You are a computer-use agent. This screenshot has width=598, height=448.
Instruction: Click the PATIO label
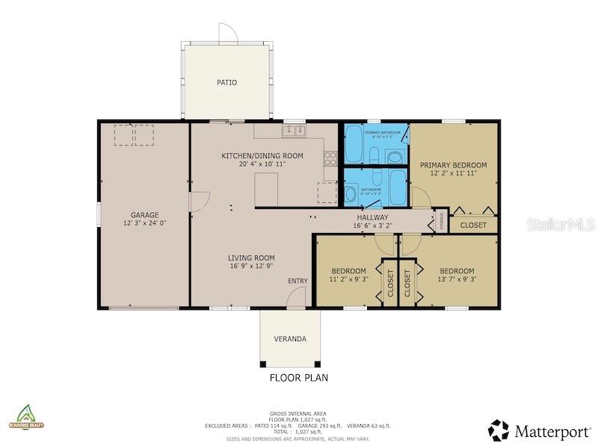tap(226, 82)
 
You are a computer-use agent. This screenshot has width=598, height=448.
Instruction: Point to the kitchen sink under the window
tap(295, 132)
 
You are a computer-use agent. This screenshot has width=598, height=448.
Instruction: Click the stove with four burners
tap(330, 158)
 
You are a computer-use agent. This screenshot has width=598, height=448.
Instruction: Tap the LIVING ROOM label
tap(251, 258)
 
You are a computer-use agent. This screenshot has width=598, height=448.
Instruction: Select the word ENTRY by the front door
tap(298, 281)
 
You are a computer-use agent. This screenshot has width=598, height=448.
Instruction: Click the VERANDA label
tap(290, 339)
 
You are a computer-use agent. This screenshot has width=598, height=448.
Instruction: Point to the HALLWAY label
tap(372, 217)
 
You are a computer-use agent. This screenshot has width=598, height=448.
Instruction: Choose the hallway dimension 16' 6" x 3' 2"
tap(372, 225)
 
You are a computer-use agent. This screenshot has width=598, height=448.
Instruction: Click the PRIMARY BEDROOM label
tap(453, 165)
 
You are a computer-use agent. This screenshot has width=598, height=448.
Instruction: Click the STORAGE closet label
tap(442, 222)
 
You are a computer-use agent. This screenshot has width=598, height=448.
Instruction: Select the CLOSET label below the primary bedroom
tap(472, 225)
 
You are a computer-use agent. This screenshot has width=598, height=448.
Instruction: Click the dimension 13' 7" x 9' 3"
tap(456, 279)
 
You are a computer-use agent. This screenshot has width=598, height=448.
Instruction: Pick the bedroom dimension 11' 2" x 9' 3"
tap(348, 279)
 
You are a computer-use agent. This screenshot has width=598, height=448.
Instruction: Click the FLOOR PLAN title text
tap(298, 378)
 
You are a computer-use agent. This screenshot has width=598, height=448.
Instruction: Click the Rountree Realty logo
tap(26, 417)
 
